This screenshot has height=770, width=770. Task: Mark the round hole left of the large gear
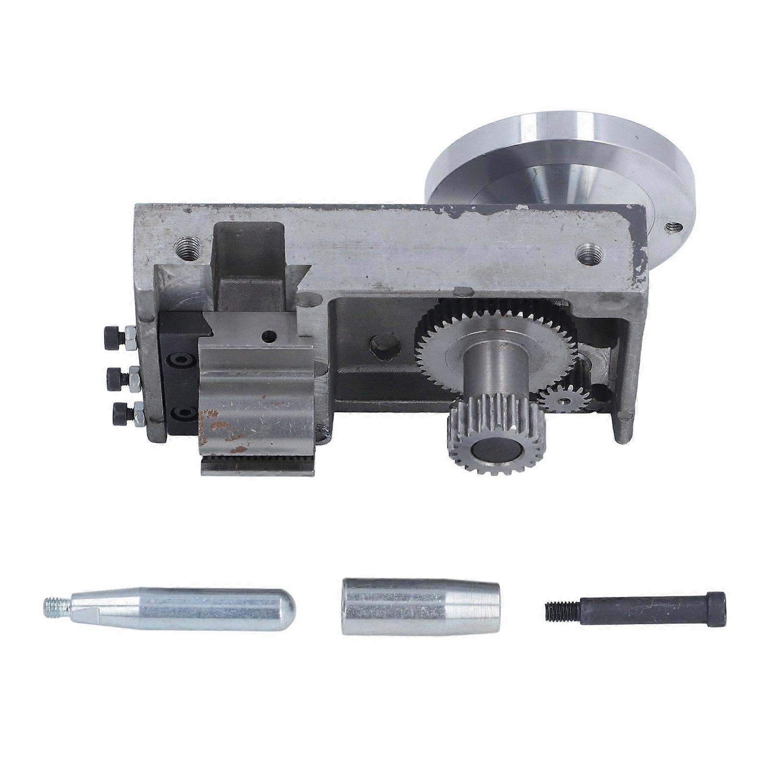coord(385,345)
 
